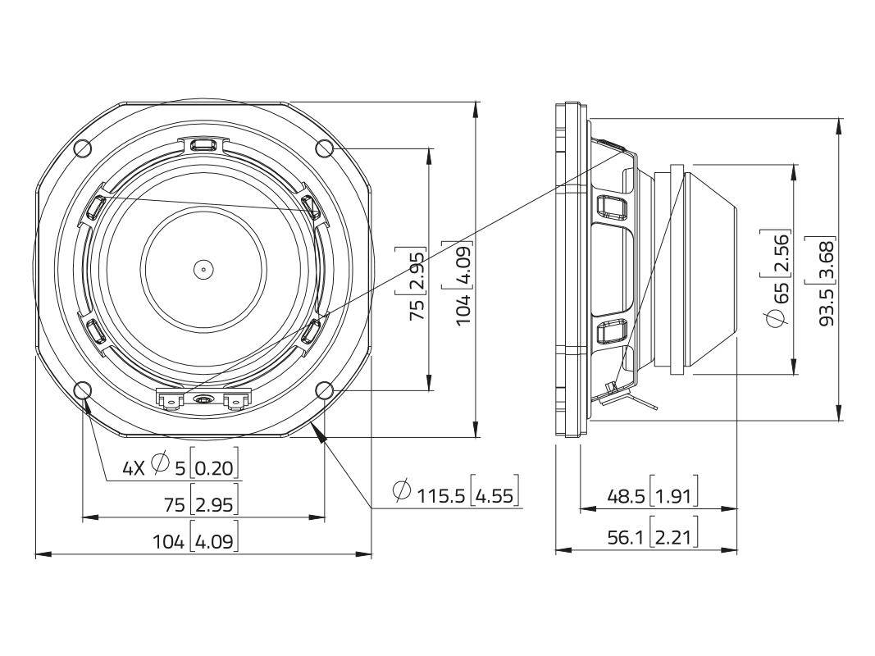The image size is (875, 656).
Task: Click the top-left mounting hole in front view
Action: [82, 148]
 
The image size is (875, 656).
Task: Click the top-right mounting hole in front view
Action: [325, 148]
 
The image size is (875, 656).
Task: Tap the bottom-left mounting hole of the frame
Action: [82, 390]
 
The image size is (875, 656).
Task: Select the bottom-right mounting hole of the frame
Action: [325, 390]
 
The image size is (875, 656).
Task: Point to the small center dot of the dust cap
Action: [203, 268]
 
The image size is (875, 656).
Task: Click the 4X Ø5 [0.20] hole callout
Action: [180, 467]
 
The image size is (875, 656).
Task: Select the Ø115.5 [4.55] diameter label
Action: [456, 494]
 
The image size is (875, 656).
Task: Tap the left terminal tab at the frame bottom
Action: [170, 399]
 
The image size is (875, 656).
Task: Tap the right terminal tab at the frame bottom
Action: [236, 399]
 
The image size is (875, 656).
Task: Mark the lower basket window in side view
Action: [610, 331]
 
